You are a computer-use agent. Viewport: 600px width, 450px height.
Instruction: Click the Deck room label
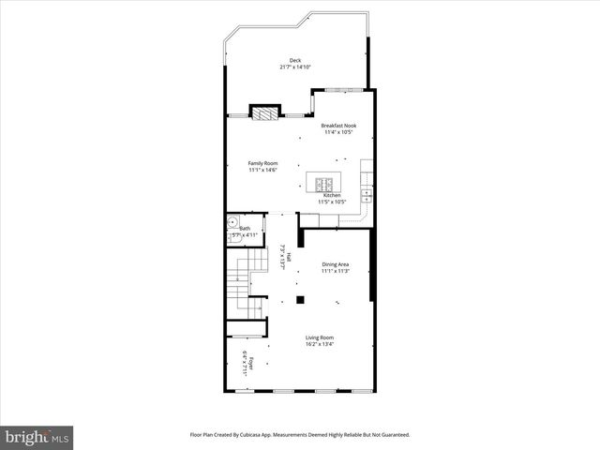(x=295, y=61)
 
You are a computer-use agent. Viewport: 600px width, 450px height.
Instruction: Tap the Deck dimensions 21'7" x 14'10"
(x=295, y=67)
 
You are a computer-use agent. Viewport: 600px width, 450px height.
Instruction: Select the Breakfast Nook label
(x=338, y=125)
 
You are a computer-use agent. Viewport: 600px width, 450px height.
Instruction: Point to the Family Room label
(x=262, y=163)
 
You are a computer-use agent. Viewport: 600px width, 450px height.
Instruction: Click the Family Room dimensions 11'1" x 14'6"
(x=262, y=170)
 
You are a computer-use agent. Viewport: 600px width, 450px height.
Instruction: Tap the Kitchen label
(x=333, y=195)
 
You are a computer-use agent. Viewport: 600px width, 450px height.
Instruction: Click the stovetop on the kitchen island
(x=325, y=183)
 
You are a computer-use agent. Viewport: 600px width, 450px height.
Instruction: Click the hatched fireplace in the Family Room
(x=265, y=113)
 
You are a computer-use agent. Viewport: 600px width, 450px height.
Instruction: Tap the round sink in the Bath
(x=232, y=224)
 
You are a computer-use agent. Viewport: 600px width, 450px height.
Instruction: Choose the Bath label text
(x=246, y=228)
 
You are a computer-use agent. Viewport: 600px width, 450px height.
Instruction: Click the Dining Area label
(x=336, y=265)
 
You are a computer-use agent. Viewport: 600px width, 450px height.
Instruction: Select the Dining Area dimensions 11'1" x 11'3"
(x=336, y=272)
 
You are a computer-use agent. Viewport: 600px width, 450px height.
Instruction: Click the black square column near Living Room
(x=300, y=300)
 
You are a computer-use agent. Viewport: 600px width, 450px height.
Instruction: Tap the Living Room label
(x=320, y=337)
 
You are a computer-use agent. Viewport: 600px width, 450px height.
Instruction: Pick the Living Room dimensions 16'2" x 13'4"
(x=320, y=344)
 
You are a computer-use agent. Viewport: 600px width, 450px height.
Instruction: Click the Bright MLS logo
(x=37, y=437)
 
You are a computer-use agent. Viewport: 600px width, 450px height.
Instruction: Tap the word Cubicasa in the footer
(x=277, y=435)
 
